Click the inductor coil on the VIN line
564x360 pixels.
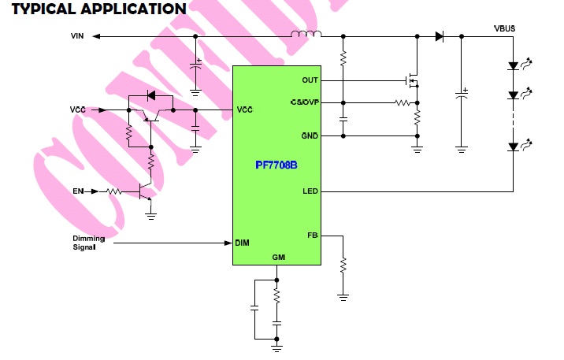[x=307, y=35]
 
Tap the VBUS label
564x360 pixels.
[x=504, y=28]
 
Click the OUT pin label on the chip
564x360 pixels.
[x=310, y=80]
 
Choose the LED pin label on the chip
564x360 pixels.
[x=310, y=191]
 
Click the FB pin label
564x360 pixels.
[x=312, y=235]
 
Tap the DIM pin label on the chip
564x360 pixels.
[x=243, y=243]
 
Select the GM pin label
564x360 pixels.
[x=277, y=258]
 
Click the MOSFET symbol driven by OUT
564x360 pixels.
[x=410, y=80]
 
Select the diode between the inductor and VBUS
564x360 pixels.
[x=439, y=36]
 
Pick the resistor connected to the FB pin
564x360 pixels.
[x=343, y=265]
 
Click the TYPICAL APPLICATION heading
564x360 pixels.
[x=98, y=9]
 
